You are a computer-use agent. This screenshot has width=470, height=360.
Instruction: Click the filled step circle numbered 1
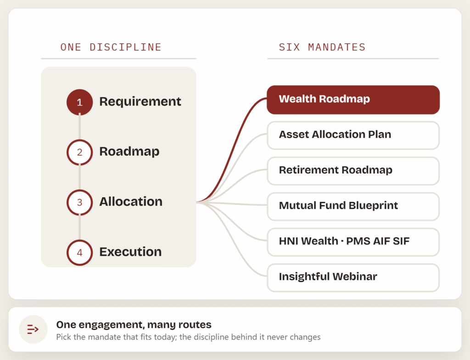click(79, 102)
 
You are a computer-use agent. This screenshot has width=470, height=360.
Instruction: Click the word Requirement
click(140, 102)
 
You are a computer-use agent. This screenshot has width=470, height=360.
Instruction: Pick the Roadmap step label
click(129, 151)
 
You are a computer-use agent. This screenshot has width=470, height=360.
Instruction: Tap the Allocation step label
click(131, 202)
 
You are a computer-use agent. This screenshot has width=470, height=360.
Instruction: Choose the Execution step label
click(130, 252)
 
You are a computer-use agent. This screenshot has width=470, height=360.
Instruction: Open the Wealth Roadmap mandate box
click(353, 100)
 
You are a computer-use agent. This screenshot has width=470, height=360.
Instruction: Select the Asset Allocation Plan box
click(353, 135)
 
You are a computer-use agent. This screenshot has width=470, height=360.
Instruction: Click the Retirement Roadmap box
click(353, 171)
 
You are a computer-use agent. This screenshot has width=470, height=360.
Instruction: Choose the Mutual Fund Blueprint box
click(353, 206)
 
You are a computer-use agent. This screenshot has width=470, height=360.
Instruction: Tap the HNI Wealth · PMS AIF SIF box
click(353, 242)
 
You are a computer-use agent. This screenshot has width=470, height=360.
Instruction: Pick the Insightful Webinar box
click(353, 277)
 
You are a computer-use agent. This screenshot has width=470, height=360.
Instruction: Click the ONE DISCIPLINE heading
click(111, 47)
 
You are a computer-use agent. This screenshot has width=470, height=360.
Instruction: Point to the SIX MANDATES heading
click(322, 47)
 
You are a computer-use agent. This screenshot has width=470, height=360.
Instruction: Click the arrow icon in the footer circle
click(33, 329)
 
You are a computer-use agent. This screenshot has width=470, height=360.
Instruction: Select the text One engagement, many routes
click(134, 325)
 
